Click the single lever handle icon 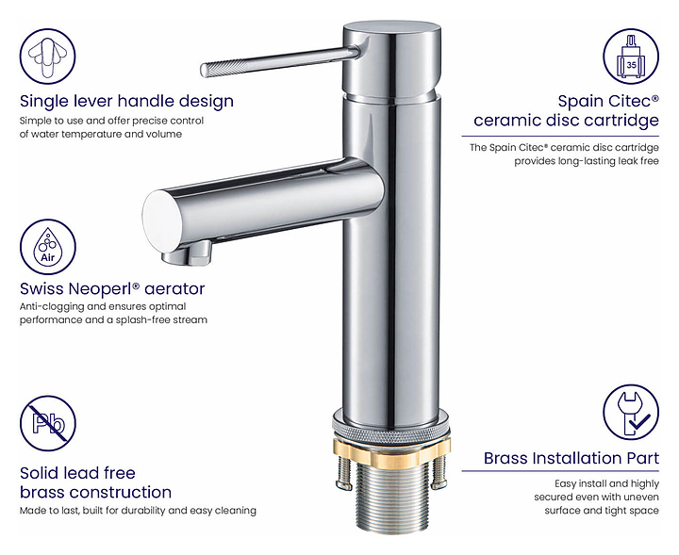pyautogui.click(x=48, y=57)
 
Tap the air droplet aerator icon pyautogui.click(x=48, y=247)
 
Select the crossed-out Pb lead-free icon pyautogui.click(x=48, y=423)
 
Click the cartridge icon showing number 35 pyautogui.click(x=631, y=57)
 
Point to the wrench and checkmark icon pyautogui.click(x=631, y=413)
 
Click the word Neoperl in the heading pyautogui.click(x=105, y=288)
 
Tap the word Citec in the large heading pyautogui.click(x=631, y=101)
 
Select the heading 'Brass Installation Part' pyautogui.click(x=571, y=458)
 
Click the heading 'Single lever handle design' pyautogui.click(x=126, y=101)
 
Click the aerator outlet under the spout pyautogui.click(x=188, y=254)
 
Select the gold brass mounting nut pyautogui.click(x=391, y=450)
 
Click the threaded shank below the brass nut pyautogui.click(x=391, y=497)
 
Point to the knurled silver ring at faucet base pyautogui.click(x=391, y=426)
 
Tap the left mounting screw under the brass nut pyautogui.click(x=344, y=472)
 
